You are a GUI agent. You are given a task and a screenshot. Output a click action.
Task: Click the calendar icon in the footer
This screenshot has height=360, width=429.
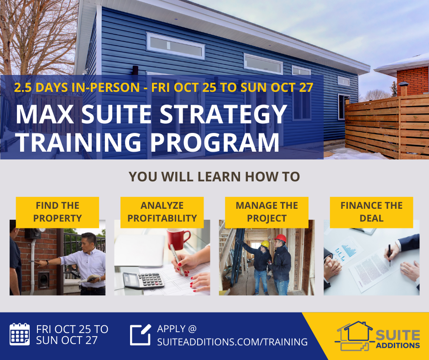[20, 334]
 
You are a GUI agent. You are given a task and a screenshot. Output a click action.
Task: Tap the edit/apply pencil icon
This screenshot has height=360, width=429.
[141, 334]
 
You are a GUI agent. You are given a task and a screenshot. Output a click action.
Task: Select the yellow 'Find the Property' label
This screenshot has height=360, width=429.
[57, 212]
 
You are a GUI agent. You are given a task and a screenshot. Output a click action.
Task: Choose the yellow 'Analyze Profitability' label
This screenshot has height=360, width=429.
[162, 212]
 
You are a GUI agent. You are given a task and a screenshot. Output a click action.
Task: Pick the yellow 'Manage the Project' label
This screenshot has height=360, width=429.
[267, 212]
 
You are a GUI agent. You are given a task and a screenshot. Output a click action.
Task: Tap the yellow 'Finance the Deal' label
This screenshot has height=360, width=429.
[371, 212]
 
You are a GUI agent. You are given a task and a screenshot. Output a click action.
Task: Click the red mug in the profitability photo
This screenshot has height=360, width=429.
[178, 238]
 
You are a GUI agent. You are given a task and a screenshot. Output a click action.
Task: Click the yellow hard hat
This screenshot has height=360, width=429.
[265, 244]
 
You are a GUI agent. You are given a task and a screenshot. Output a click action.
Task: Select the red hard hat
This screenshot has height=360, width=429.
[281, 238]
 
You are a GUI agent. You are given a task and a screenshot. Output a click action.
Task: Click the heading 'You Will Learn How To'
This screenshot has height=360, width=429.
[214, 177]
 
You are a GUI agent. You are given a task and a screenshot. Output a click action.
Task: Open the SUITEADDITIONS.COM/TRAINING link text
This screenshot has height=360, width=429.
[232, 341]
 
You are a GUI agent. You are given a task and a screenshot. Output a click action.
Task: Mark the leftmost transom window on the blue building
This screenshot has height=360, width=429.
[175, 45]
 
